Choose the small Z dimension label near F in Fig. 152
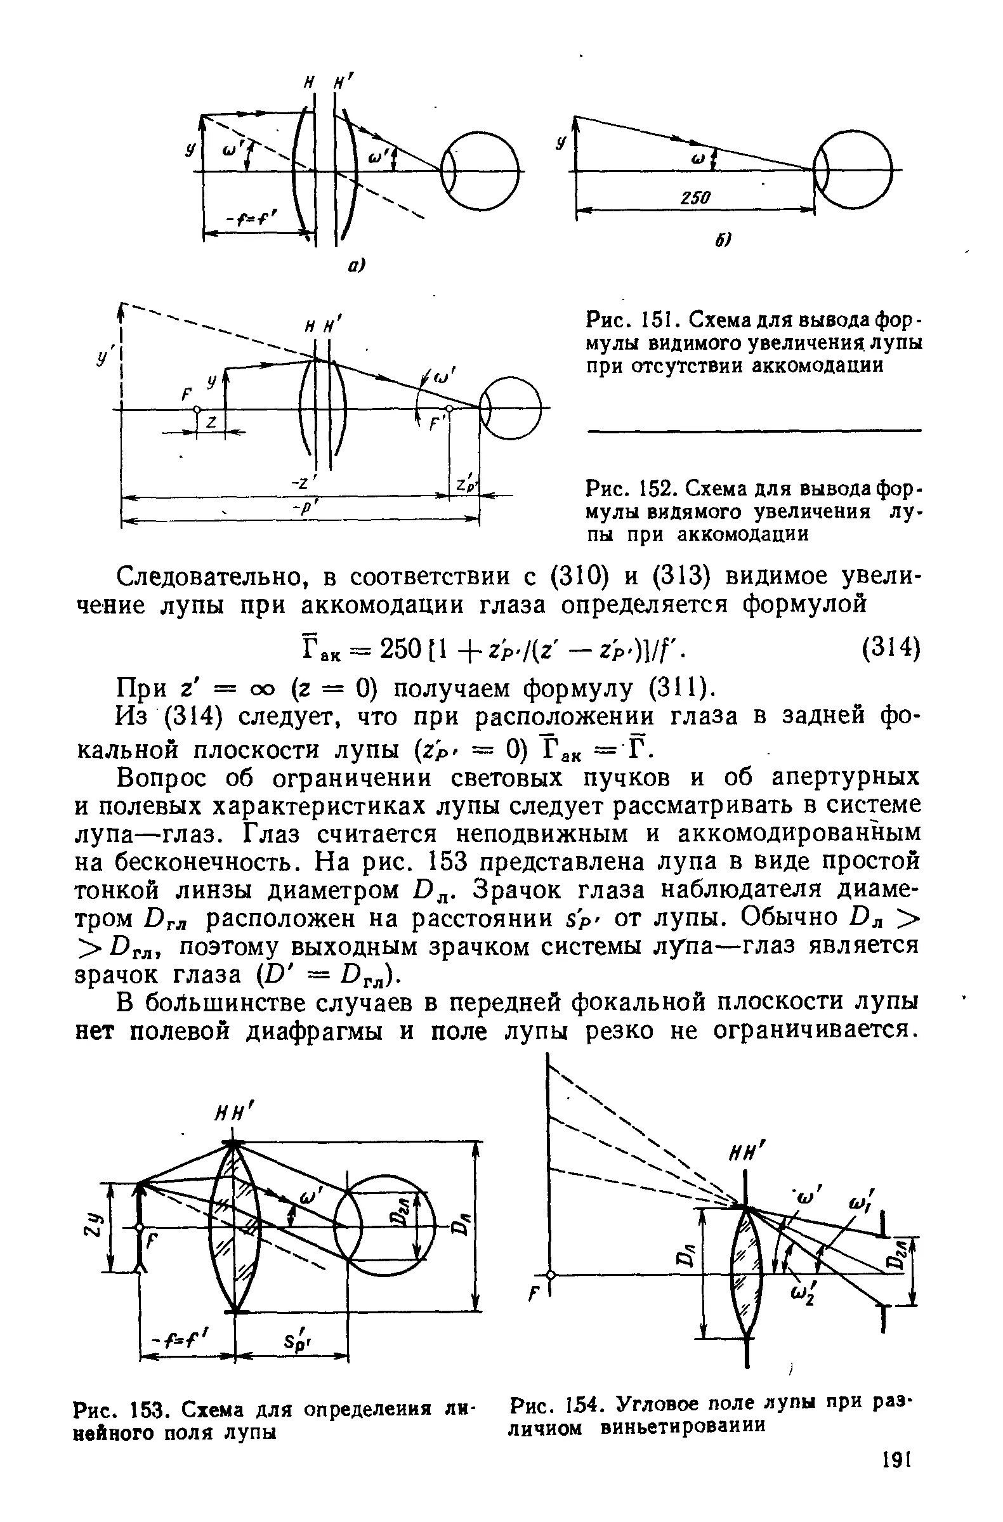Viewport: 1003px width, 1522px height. pyautogui.click(x=211, y=423)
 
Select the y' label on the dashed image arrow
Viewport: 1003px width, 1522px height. pyautogui.click(x=102, y=358)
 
